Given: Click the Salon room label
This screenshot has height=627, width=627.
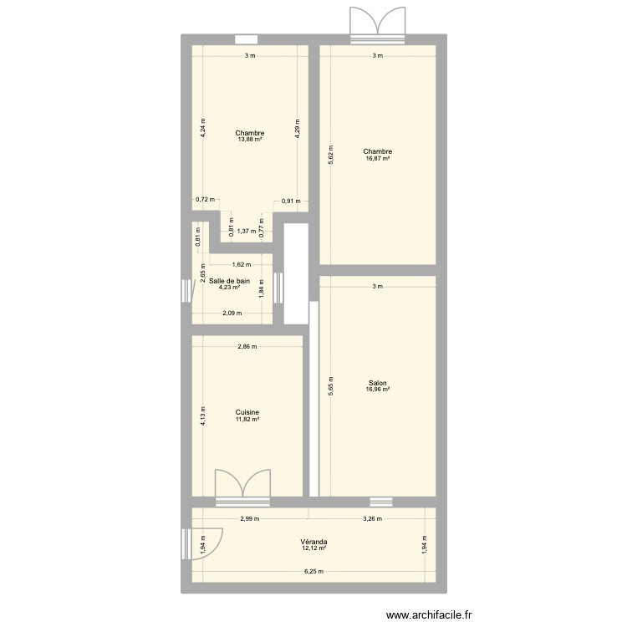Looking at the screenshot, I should (x=377, y=383).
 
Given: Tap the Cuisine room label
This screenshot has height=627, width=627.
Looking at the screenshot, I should (x=247, y=411).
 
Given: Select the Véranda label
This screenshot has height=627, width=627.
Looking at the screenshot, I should (x=314, y=542).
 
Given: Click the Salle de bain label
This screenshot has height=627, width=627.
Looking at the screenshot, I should (x=230, y=281).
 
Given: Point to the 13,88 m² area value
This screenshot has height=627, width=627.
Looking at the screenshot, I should (x=249, y=140).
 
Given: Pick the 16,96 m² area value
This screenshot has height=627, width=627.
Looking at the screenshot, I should (x=377, y=390).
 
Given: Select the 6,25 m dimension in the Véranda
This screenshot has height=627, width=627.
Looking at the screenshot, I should (x=314, y=572).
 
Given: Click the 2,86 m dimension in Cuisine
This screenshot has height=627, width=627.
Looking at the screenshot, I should (x=247, y=346).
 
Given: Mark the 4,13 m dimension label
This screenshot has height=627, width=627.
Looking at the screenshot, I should (x=201, y=415).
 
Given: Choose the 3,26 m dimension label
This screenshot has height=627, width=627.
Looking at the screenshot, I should (x=373, y=518).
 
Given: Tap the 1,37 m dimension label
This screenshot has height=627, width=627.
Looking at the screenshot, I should (x=246, y=232).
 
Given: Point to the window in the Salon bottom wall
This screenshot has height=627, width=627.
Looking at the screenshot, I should (x=381, y=502).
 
